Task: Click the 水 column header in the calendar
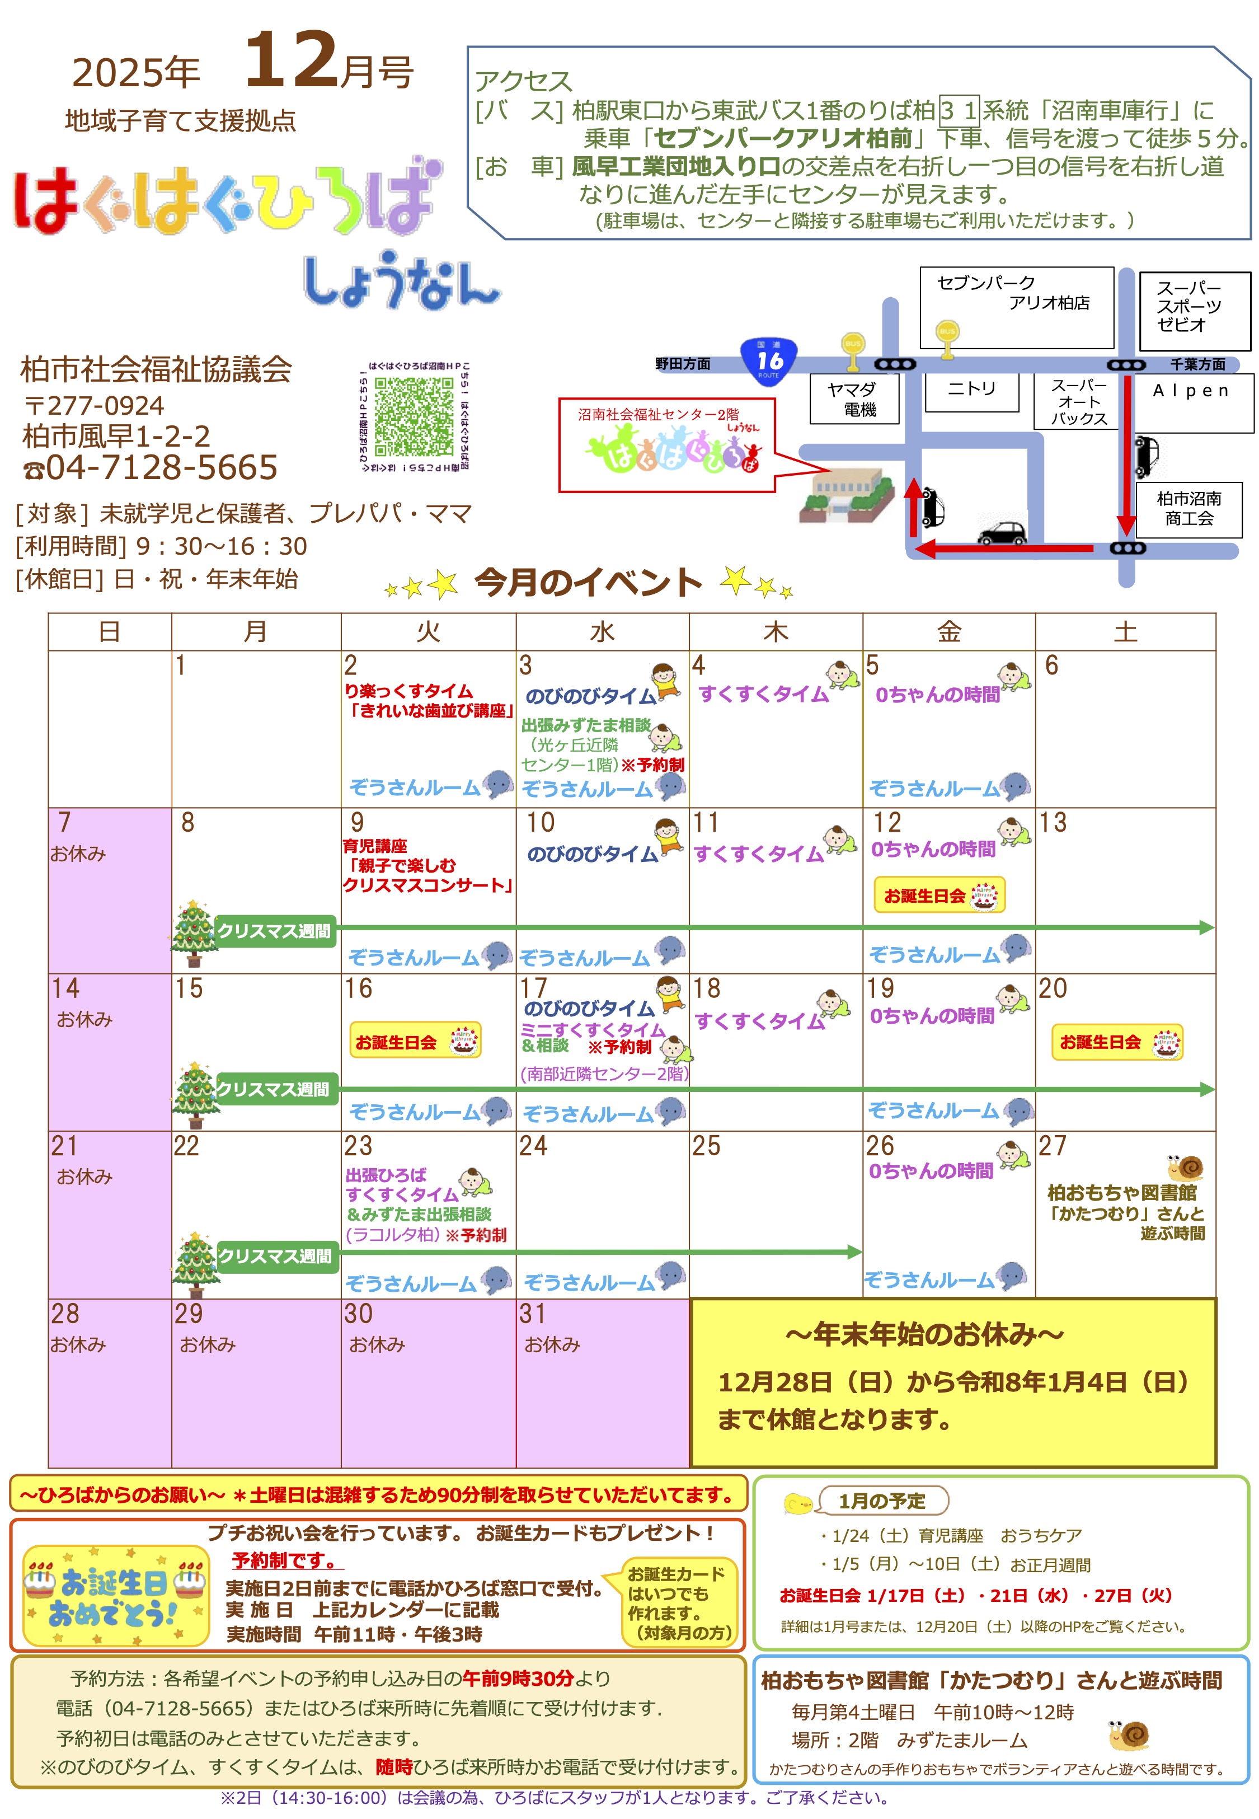tap(602, 632)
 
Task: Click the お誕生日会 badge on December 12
tap(939, 896)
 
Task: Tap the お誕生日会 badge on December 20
tap(1116, 1042)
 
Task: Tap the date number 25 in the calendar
tap(706, 1145)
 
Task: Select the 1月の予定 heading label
tap(881, 1501)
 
